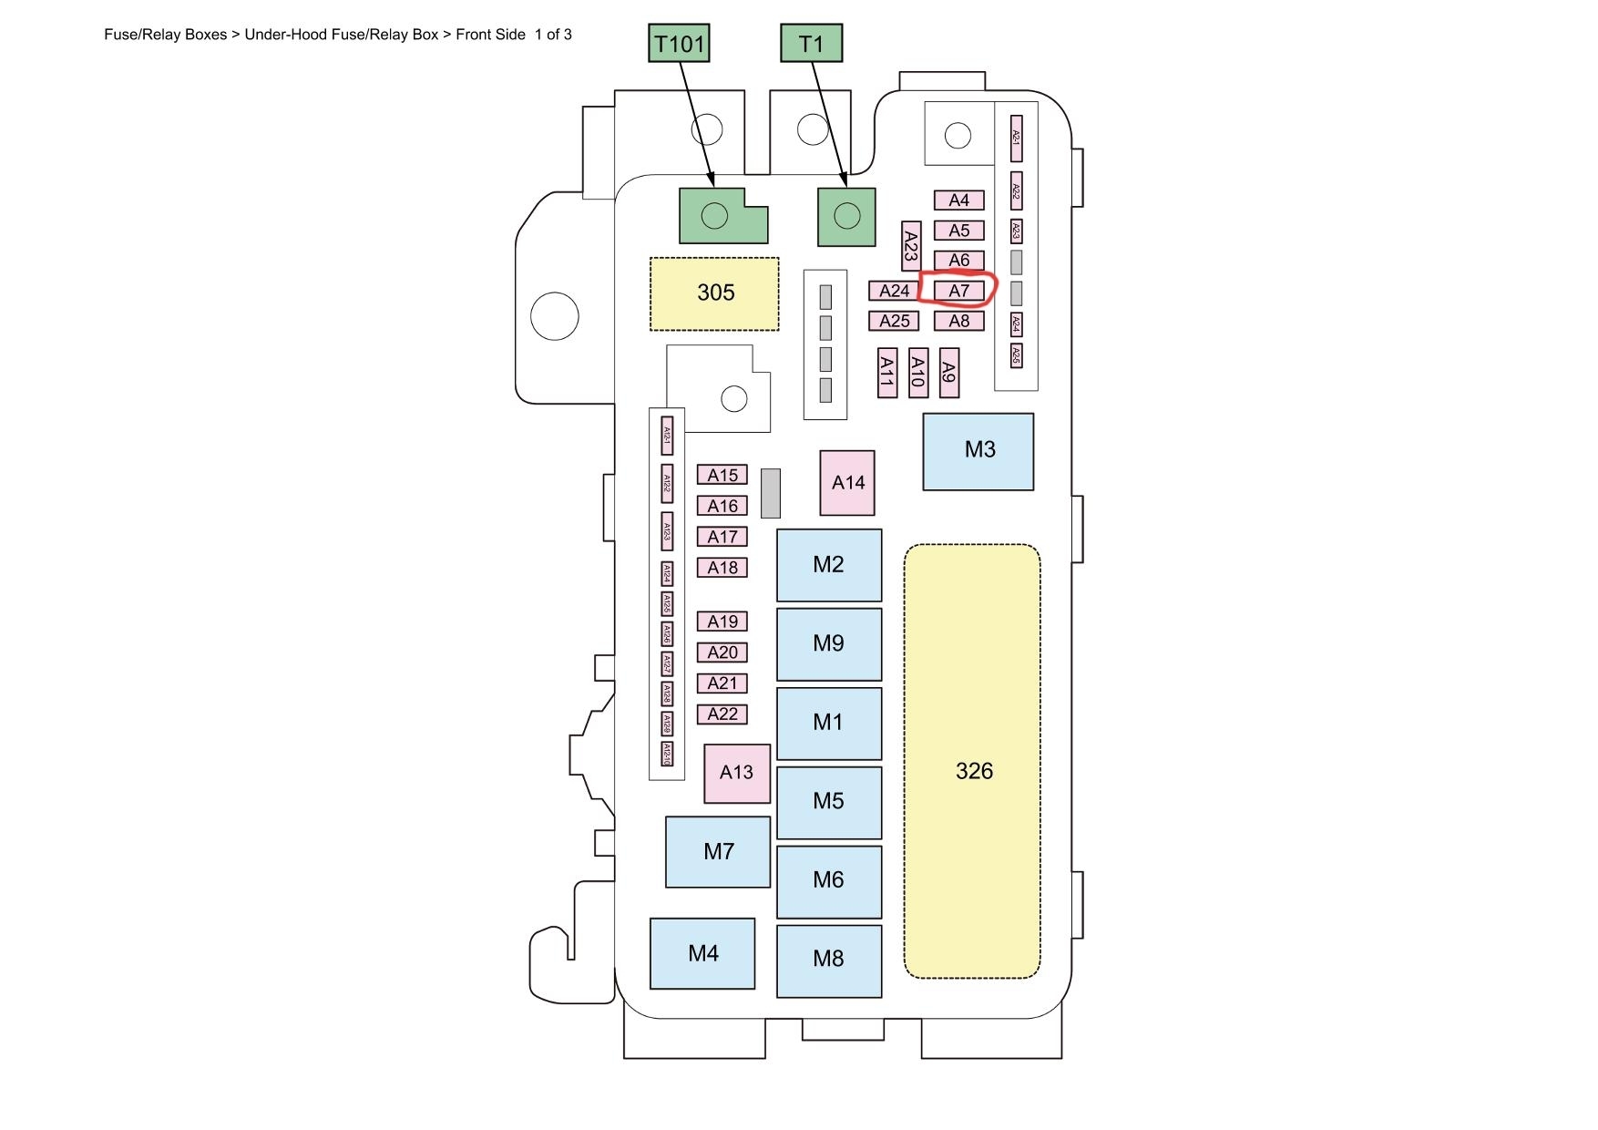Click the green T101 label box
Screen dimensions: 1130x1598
coord(680,44)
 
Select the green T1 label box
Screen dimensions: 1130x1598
coord(811,44)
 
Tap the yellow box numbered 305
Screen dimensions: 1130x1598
coord(715,293)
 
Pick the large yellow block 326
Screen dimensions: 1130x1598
coord(972,771)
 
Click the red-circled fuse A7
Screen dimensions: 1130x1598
coord(959,291)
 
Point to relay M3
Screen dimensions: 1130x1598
coord(978,451)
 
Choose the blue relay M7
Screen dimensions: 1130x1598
coord(718,852)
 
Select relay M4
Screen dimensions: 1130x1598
coord(702,953)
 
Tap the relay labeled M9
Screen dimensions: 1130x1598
coord(828,643)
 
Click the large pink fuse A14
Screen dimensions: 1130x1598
coord(847,483)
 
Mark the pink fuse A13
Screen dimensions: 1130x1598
coord(736,773)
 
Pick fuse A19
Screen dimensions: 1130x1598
coord(722,621)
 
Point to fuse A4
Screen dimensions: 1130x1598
coord(959,200)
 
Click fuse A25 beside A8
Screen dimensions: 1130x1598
coord(894,321)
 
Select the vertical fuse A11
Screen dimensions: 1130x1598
coord(887,372)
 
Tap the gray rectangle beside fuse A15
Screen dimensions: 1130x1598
coord(770,493)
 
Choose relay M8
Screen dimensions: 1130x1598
coord(828,960)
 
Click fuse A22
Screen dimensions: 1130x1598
coord(722,714)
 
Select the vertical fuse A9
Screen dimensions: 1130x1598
coord(949,373)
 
